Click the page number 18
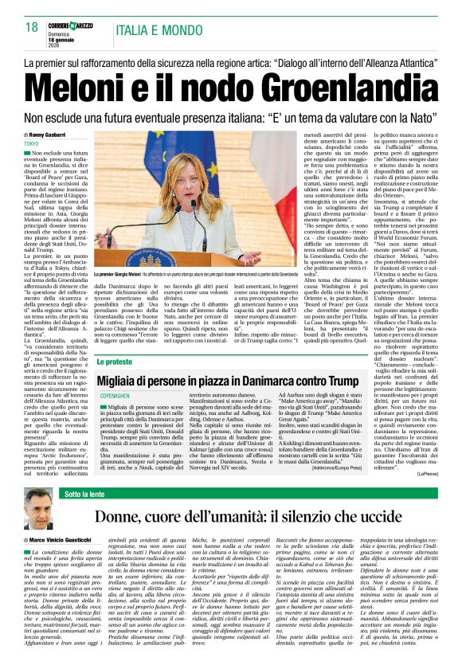[x=32, y=27]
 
